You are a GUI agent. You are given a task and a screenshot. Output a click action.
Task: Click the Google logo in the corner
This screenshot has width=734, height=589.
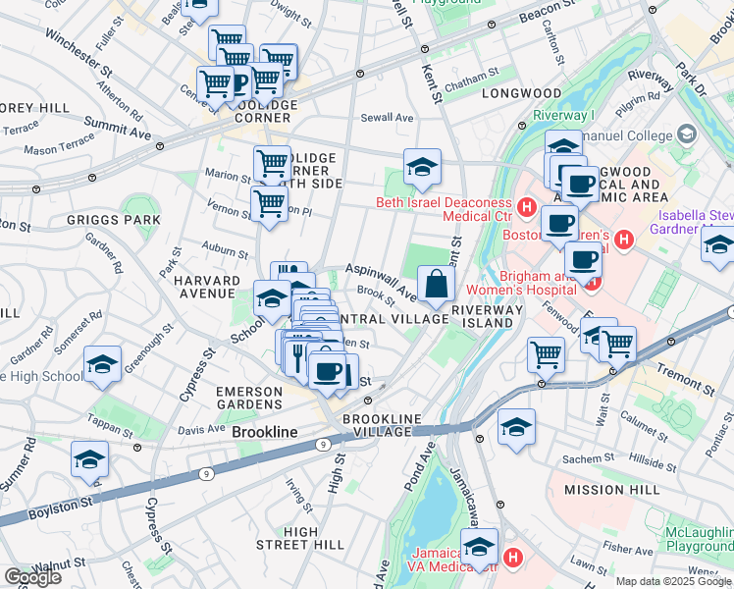coord(32,577)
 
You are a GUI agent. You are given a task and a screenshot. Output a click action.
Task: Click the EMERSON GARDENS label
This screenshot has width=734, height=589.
coord(249,400)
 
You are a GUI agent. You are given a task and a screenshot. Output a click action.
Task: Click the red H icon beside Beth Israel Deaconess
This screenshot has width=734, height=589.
coord(528,209)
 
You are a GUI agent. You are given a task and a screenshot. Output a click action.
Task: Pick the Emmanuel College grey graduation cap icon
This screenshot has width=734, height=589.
coord(686,134)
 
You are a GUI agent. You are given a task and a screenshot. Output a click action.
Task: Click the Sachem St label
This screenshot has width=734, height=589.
coord(590,458)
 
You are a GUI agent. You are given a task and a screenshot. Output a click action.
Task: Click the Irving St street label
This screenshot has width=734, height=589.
coord(298,497)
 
